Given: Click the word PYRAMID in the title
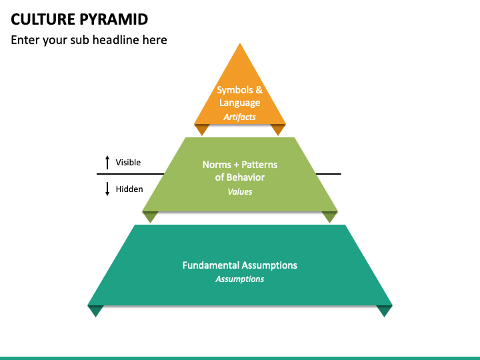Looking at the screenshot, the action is point(114,19).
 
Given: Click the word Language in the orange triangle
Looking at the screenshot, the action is point(240,103).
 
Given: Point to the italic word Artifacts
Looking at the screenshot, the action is point(240,117).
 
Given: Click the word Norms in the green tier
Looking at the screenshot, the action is point(217,165).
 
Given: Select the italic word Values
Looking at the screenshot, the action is point(240,191).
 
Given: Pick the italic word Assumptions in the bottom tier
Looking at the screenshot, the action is point(240,279).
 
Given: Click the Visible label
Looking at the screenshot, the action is point(128,162).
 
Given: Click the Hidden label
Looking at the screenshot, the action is point(129,189).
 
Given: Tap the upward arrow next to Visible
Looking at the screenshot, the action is point(107,162).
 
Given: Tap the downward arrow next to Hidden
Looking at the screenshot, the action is point(107,189).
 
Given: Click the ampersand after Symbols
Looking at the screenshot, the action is point(259,90).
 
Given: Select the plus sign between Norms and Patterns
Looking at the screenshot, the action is point(236,165).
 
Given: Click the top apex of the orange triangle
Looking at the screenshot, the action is point(240,43).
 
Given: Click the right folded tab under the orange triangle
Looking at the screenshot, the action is point(278,129).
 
